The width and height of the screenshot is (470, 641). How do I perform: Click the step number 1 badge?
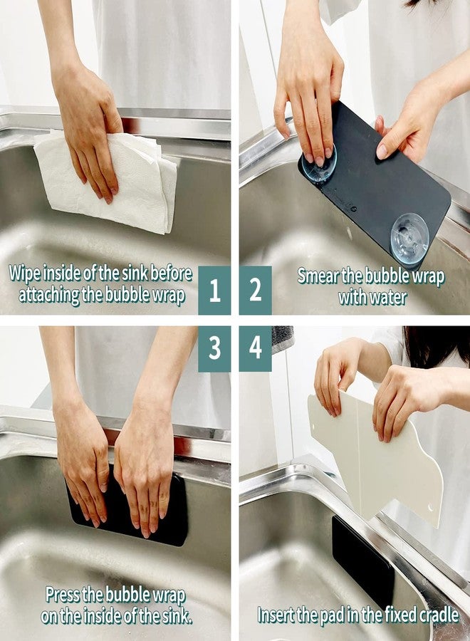(x=214, y=290)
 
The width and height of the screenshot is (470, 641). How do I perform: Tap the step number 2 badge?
(x=255, y=290)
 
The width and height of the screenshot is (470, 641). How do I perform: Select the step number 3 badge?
(x=214, y=349)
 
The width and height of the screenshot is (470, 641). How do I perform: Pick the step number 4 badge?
(x=255, y=349)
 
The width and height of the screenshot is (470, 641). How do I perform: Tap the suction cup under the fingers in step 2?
(x=318, y=165)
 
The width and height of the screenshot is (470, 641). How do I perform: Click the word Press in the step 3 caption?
(x=66, y=594)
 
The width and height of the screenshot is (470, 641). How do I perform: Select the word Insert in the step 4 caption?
(x=278, y=614)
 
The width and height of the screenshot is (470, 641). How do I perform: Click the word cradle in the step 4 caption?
(x=436, y=614)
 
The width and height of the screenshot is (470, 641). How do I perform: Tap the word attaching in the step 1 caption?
(x=48, y=295)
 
